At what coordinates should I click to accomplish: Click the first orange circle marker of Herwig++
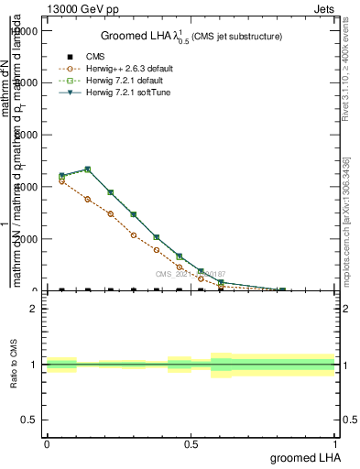[x=61, y=181]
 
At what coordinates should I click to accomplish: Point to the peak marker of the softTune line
[x=87, y=169]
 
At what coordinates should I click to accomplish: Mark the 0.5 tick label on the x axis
[x=191, y=443]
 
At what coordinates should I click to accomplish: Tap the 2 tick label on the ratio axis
[x=34, y=309]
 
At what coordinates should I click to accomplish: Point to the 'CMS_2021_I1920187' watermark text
[x=191, y=274]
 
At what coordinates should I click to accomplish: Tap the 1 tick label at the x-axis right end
[x=334, y=443]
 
